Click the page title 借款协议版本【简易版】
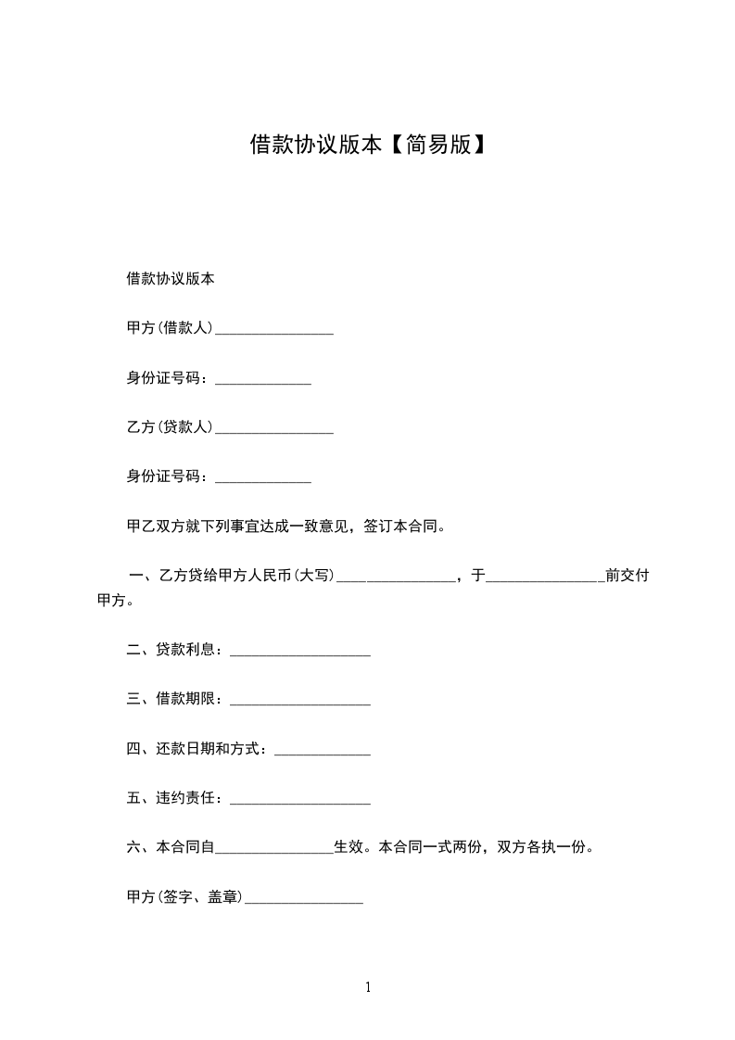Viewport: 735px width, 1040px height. point(368,145)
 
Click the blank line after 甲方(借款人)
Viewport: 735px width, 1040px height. point(273,329)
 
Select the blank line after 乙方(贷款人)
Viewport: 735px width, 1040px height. point(273,429)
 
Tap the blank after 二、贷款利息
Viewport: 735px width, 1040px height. point(299,652)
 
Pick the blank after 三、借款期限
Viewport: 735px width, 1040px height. point(299,702)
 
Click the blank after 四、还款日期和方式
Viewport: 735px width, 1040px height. point(323,751)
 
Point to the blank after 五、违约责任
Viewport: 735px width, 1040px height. point(299,800)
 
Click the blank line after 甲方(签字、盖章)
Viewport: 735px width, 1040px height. point(303,899)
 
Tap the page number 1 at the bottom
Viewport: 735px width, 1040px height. point(368,988)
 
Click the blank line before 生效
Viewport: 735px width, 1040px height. point(274,848)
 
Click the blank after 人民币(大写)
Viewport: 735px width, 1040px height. point(396,577)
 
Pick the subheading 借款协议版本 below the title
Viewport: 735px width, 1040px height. point(171,278)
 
